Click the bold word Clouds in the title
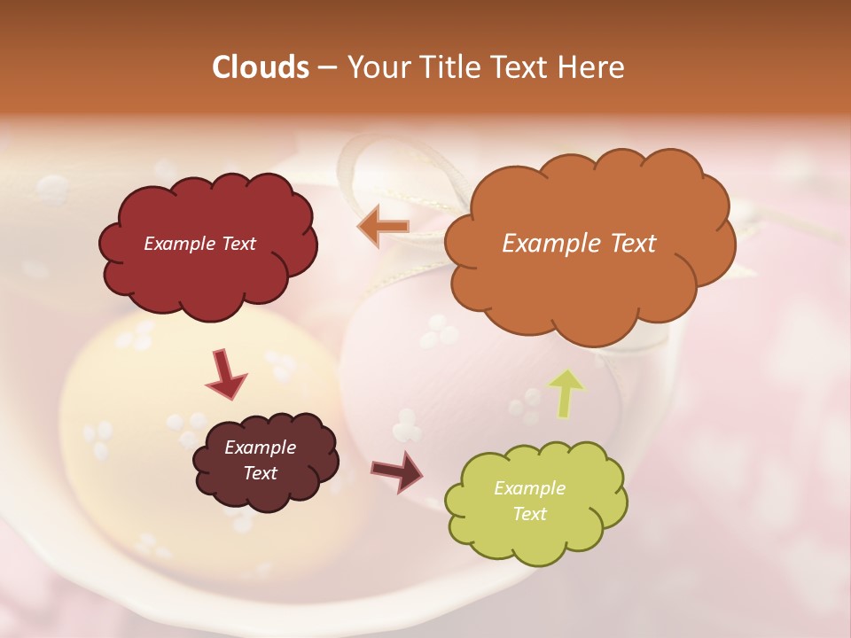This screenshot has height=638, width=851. pos(260,67)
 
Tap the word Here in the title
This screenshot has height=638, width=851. pos(592,67)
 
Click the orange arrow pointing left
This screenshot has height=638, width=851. pos(383,226)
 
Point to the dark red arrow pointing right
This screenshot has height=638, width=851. pos(397,471)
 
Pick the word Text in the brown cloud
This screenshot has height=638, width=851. pos(261,473)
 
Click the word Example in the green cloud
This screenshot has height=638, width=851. pos(529,488)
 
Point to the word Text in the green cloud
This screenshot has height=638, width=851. pos(529,514)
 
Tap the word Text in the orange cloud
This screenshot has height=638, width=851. pos(634,244)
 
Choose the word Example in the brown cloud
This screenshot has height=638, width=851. pos(261,447)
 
